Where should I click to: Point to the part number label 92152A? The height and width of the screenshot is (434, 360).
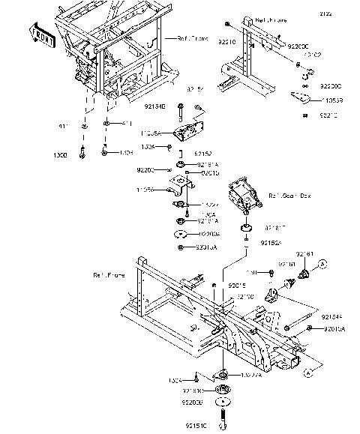[x=271, y=243]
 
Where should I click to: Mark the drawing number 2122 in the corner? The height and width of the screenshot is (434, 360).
[x=346, y=15]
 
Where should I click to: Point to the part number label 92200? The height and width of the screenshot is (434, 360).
[x=145, y=170]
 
